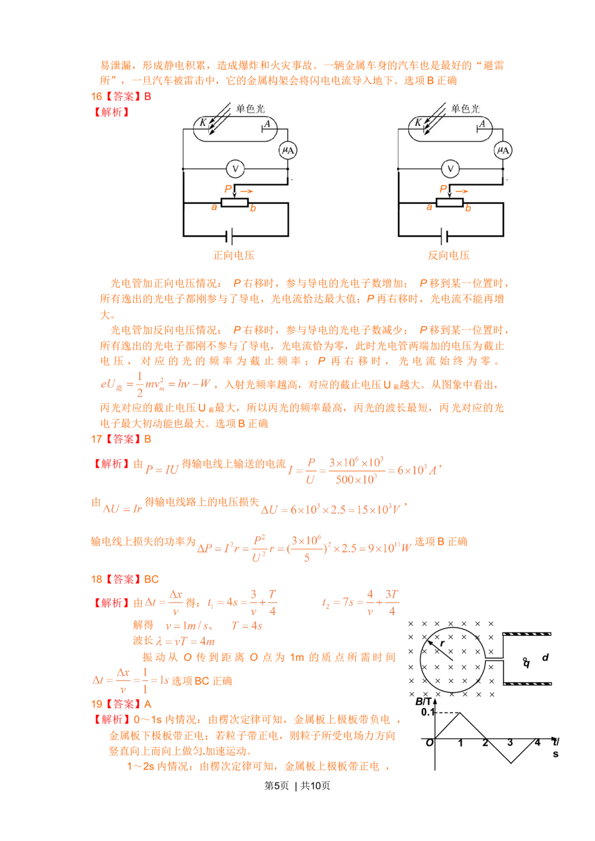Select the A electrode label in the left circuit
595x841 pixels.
268,124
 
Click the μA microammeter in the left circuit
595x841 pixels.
289,150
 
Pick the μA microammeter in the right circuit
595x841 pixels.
503,150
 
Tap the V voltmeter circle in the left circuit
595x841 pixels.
235,170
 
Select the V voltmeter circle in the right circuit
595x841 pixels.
450,170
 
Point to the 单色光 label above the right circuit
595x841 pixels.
465,109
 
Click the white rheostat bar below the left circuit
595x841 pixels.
234,203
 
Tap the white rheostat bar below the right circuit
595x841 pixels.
449,203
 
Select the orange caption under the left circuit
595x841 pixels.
234,255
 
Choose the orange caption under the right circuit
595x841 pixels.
449,255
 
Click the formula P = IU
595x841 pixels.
163,469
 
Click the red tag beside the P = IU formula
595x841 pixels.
111,464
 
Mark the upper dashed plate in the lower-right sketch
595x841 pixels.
527,635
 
